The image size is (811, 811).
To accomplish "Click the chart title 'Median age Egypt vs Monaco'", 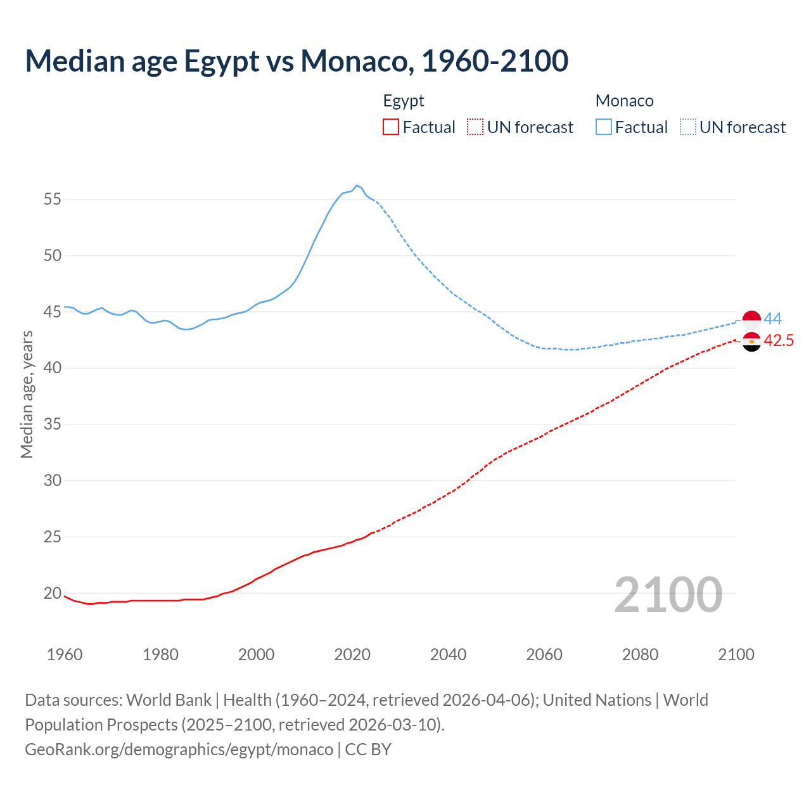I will pyautogui.click(x=297, y=61).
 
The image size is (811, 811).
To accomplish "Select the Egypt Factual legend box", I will pyautogui.click(x=391, y=127).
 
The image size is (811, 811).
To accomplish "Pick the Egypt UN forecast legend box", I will pyautogui.click(x=475, y=127).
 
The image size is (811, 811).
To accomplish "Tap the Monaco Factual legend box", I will pyautogui.click(x=603, y=127).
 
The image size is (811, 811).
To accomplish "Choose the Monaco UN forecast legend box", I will pyautogui.click(x=687, y=127).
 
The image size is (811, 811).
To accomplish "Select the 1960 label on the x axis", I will pyautogui.click(x=64, y=655).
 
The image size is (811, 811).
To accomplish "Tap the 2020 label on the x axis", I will pyautogui.click(x=352, y=655).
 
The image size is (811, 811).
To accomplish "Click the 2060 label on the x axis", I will pyautogui.click(x=544, y=655).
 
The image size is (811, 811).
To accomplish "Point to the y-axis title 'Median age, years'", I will pyautogui.click(x=27, y=394).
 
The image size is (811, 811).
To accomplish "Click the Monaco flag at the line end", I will pyautogui.click(x=751, y=321).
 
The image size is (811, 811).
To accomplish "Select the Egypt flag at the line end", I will pyautogui.click(x=751, y=342).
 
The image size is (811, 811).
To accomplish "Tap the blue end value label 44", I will pyautogui.click(x=772, y=319).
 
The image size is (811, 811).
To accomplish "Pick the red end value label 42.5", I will pyautogui.click(x=779, y=341).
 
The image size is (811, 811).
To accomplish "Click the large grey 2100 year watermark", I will pyautogui.click(x=668, y=594).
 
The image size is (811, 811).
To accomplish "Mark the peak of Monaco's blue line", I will pyautogui.click(x=357, y=186).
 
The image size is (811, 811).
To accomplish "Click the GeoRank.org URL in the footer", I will pyautogui.click(x=179, y=750).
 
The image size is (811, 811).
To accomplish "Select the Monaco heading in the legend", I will pyautogui.click(x=624, y=101).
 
